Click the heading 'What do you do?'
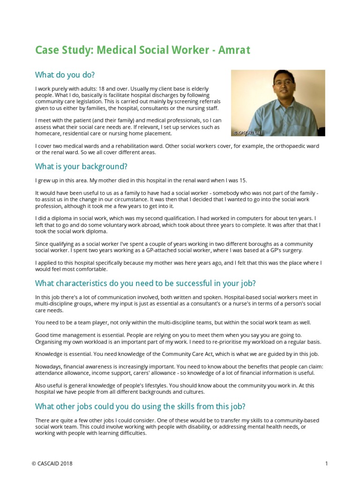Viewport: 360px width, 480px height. coord(65,75)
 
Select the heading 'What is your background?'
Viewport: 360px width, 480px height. coord(81,166)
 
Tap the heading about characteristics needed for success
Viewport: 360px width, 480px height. coord(145,284)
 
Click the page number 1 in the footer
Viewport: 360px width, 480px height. coord(326,464)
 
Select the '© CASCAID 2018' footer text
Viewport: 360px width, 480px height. coord(52,464)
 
